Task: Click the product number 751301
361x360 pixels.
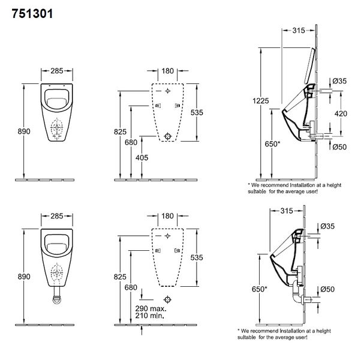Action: coord(32,14)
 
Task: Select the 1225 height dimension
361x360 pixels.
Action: coord(261,101)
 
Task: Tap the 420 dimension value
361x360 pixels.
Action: coord(341,113)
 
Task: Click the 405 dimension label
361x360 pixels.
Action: coord(142,158)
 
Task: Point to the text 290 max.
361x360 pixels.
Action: coord(151,308)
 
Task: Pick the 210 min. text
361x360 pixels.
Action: coord(150,316)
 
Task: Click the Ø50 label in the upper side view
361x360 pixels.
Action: coord(339,147)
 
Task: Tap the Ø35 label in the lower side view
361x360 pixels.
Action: coord(327,226)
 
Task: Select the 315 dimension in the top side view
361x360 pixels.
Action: coord(299,31)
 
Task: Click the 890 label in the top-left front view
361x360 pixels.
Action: coord(24,131)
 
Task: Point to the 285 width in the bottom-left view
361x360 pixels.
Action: coord(57,216)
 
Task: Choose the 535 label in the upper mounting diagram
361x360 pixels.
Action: coord(197,112)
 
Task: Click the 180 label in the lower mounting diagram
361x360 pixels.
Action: coord(167,216)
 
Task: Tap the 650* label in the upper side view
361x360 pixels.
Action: coord(272,144)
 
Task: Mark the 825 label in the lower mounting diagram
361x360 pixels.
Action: coord(120,277)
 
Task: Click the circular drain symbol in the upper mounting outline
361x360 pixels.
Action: coord(168,136)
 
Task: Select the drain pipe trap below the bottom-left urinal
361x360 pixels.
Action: coord(57,295)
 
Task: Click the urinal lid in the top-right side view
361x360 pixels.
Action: coord(309,66)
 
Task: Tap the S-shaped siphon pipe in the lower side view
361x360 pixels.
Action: coord(296,293)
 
